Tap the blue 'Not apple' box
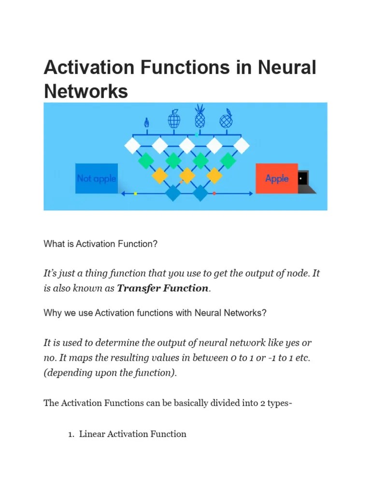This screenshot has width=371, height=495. [x=97, y=178]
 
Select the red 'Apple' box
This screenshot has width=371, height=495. [x=276, y=178]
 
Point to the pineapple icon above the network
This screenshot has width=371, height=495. [x=200, y=116]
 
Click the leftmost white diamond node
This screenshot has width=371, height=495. [x=132, y=145]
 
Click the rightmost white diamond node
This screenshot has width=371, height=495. [x=242, y=145]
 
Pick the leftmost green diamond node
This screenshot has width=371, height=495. [x=145, y=160]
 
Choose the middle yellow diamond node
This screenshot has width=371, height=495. [x=186, y=176]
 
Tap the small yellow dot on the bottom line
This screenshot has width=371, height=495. [x=135, y=193]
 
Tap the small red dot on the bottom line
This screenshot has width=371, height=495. [x=214, y=193]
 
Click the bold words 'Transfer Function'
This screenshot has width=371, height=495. [x=162, y=289]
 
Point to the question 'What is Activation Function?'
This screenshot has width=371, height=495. [x=100, y=244]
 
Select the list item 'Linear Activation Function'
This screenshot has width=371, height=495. [x=132, y=434]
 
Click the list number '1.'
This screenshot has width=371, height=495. [x=71, y=434]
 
